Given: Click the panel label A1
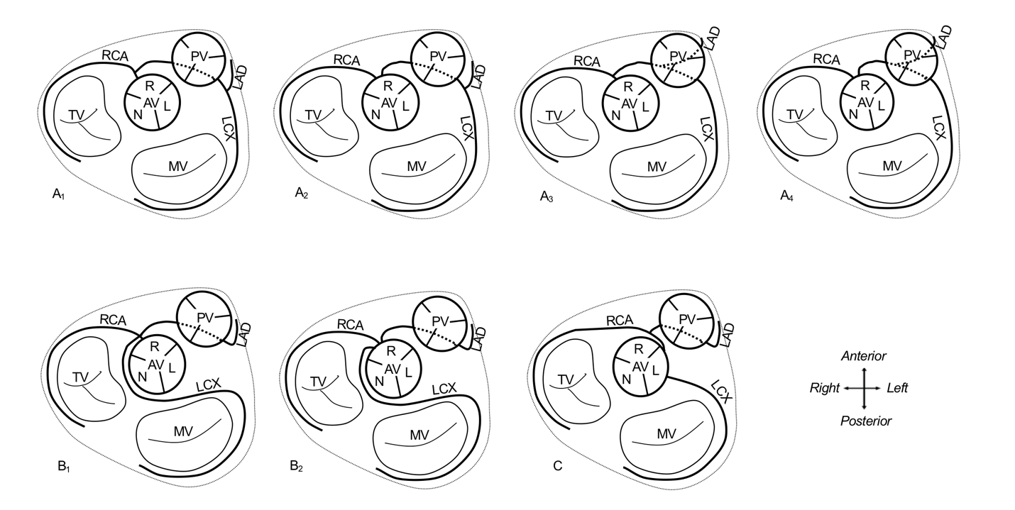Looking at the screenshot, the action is tap(58, 195).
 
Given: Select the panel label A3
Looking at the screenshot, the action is tap(547, 196).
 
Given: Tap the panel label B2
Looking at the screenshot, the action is tap(297, 467).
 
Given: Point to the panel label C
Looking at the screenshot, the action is tap(557, 466).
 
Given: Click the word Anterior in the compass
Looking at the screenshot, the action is tap(864, 356).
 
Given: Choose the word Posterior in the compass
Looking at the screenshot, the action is tap(866, 421).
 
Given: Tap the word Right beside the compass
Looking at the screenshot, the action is tap(825, 389).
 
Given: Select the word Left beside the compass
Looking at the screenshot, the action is tap(897, 388).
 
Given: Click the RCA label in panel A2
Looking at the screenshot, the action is tap(346, 60).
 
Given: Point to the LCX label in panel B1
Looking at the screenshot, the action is tap(209, 385).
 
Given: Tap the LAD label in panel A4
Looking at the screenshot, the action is tap(944, 37).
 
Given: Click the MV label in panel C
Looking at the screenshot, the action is tap(666, 434).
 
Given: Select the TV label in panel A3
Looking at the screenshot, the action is tap(554, 116).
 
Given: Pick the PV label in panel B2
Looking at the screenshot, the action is tap(440, 321).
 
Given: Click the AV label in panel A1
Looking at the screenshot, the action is tap(151, 104).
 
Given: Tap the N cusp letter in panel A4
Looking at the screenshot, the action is tap(853, 115).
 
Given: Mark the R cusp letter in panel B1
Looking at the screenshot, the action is tap(155, 347).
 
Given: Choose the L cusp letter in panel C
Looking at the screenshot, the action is tap(654, 370).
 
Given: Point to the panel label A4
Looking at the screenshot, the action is tap(786, 196).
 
